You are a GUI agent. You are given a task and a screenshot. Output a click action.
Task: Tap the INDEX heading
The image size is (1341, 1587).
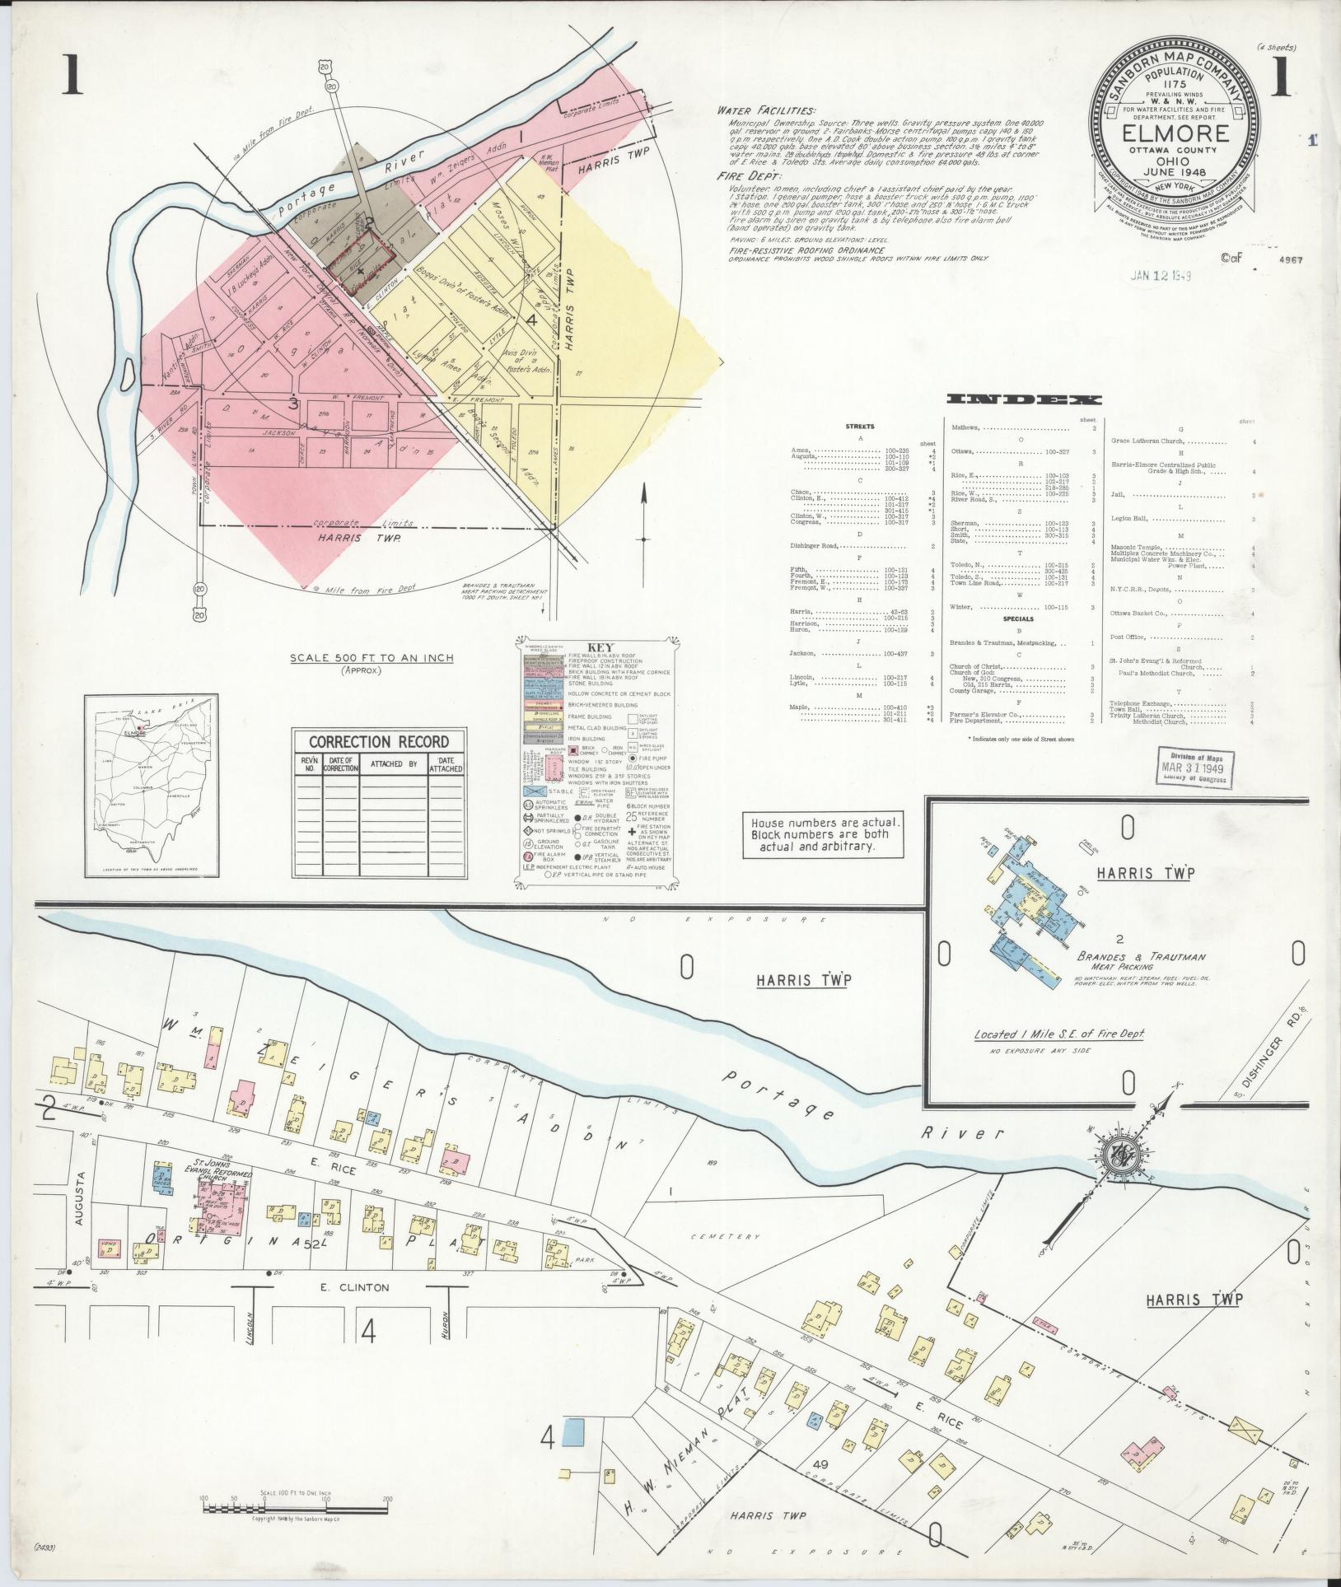1024,399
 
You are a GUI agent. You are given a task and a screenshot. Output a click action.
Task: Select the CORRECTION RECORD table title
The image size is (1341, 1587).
379,741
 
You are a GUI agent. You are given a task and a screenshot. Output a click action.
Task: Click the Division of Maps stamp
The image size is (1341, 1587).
1194,768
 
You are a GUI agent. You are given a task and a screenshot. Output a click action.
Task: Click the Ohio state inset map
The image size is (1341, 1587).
152,786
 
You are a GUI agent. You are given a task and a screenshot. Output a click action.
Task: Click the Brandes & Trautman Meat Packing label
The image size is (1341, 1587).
1141,961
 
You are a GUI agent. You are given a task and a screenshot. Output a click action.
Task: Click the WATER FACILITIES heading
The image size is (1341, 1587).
766,111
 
